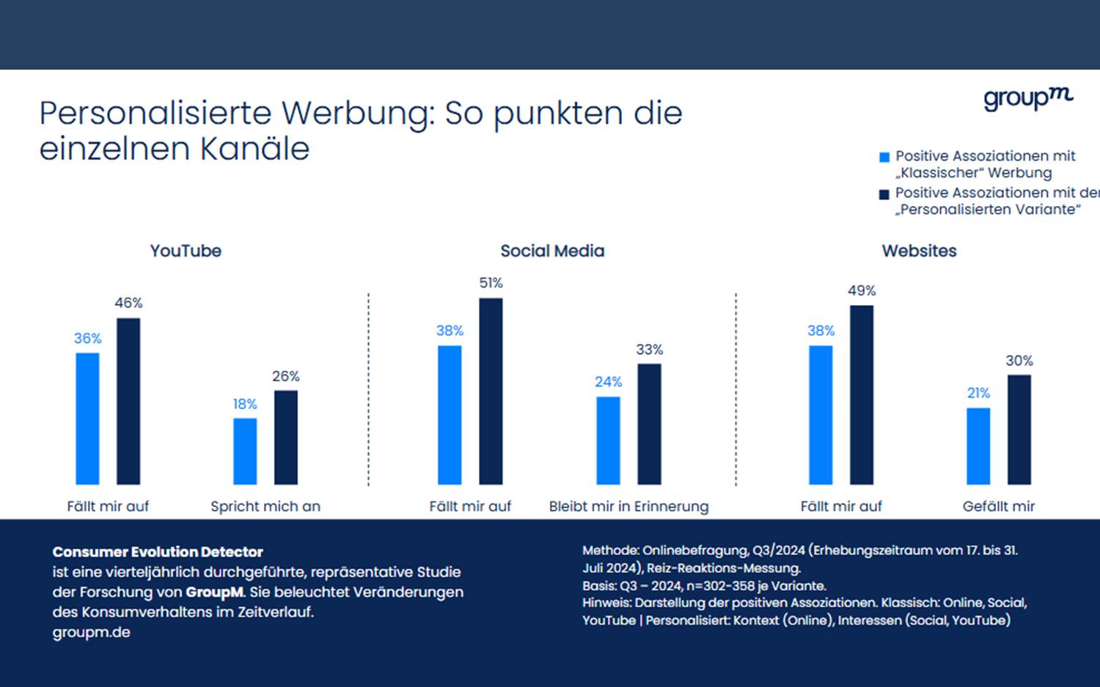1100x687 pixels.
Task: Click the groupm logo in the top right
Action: (x=1027, y=98)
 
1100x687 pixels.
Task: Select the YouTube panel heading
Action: (x=186, y=251)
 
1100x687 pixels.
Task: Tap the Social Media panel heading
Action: (x=552, y=251)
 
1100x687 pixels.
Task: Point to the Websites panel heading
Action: (x=919, y=251)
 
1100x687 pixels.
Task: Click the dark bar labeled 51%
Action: (x=491, y=391)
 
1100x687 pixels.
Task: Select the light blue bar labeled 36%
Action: (x=87, y=419)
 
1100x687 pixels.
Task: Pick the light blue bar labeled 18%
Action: (x=245, y=451)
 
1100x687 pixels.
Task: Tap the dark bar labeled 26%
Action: (x=286, y=437)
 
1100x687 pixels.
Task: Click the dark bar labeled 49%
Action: (x=862, y=394)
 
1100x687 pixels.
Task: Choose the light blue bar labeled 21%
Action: (x=978, y=446)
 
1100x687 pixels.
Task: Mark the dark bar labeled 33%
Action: (x=649, y=424)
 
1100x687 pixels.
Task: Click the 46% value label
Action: (x=128, y=303)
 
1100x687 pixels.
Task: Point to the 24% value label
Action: (x=608, y=382)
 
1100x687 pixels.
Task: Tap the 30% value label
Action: (x=1019, y=361)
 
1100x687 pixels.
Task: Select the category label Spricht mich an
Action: (x=265, y=506)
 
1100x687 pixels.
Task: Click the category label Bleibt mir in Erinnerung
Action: (x=628, y=506)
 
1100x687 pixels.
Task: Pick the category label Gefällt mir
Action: (x=998, y=506)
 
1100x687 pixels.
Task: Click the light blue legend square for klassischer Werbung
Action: (x=884, y=157)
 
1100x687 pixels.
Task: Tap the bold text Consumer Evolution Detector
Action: (x=158, y=552)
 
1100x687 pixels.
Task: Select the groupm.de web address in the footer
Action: (x=91, y=632)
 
